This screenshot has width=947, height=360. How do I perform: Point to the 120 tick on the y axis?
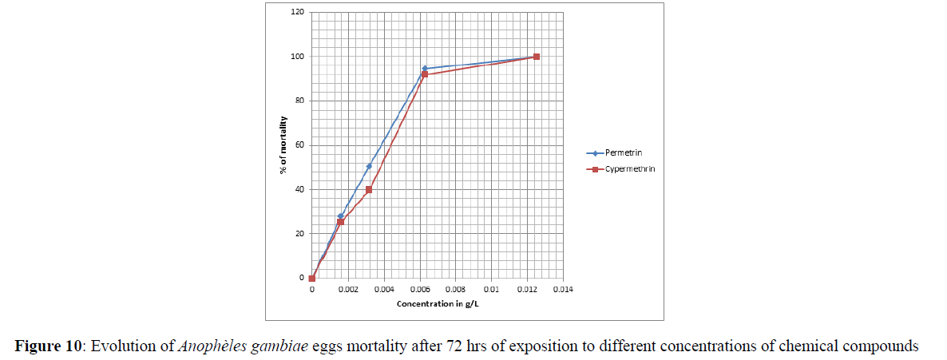coord(298,12)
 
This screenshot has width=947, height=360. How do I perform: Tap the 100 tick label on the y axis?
coord(298,57)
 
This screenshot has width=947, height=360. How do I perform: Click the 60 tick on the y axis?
coord(299,145)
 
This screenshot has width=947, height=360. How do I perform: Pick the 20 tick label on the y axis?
coord(299,234)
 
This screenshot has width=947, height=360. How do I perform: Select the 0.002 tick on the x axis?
coord(347,290)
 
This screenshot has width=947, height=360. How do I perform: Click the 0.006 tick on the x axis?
coord(419,290)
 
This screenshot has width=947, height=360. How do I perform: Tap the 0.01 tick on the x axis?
coord(492,290)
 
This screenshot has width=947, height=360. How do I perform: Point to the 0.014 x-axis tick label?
coord(563,290)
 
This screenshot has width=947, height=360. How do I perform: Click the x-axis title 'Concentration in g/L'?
coord(437,304)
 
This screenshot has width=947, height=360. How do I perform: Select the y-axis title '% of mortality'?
coord(283,144)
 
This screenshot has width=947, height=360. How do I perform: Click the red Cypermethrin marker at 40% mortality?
coord(369,190)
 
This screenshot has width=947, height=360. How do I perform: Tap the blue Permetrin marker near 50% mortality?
coord(369,166)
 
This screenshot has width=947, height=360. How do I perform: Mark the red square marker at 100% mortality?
coord(537,57)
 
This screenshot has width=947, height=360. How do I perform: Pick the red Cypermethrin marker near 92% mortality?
coord(425,74)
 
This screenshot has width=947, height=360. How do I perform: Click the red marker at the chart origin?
coord(312,279)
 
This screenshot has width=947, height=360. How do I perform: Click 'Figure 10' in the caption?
coord(49,346)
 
